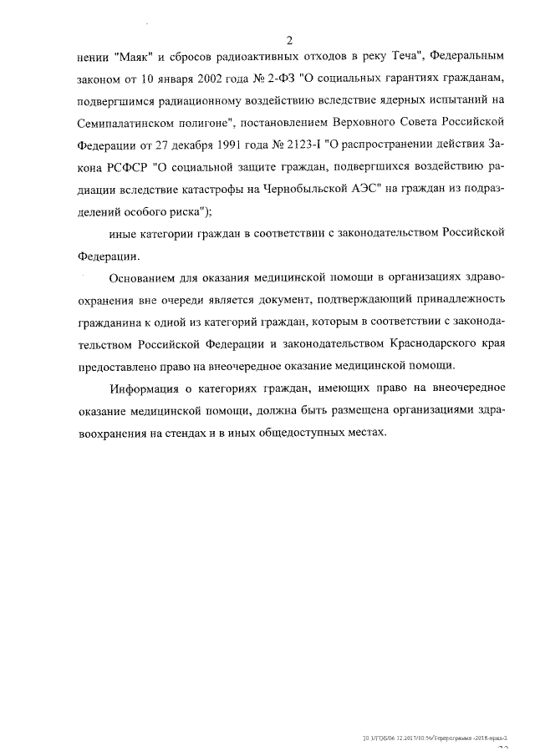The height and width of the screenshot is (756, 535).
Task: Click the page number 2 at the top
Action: coord(288,40)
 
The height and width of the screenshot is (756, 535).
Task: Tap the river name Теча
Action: coord(399,60)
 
